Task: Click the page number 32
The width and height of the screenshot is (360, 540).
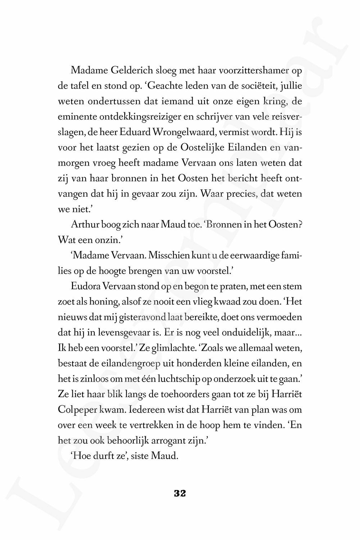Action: [180, 494]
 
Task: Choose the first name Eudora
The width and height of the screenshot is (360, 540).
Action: [86, 287]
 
